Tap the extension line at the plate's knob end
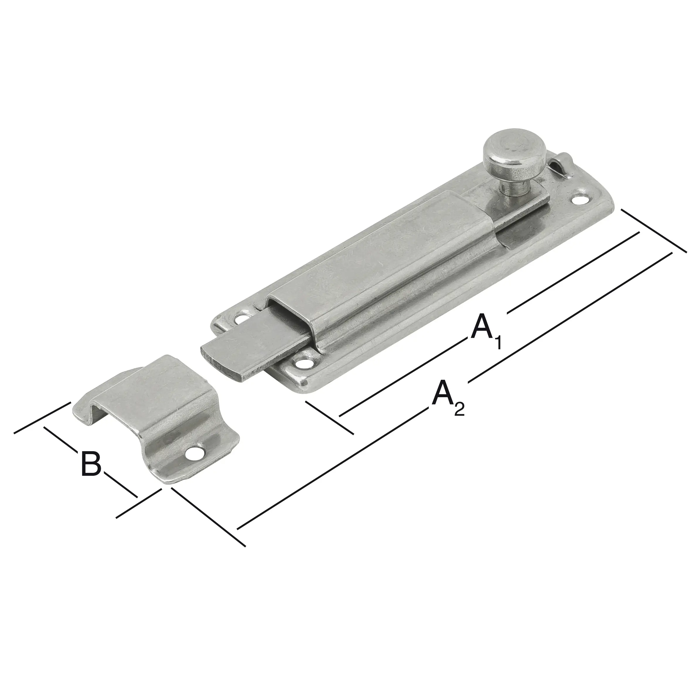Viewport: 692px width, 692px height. pyautogui.click(x=653, y=231)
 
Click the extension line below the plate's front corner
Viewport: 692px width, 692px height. pyautogui.click(x=330, y=417)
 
